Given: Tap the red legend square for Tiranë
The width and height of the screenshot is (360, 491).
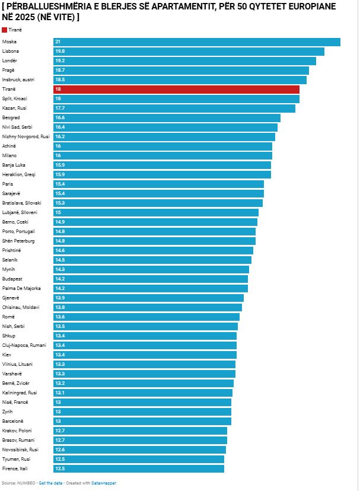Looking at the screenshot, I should point(5,30).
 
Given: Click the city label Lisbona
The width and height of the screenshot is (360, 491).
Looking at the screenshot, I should point(11,51).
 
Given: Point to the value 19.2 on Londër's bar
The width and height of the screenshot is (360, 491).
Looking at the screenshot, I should point(60,60).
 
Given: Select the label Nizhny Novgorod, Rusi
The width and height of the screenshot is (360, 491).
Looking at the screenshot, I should point(26,136).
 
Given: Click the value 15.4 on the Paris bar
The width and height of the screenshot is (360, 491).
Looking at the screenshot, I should point(60,184).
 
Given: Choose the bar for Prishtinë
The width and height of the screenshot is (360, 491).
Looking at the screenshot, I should point(154,250).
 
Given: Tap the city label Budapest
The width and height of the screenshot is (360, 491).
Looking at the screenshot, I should point(12,279).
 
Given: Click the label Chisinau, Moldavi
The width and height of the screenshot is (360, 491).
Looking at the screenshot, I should point(21,307).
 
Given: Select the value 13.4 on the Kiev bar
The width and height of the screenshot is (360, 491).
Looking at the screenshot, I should point(60,355).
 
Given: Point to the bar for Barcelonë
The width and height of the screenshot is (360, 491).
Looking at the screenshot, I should point(142,421).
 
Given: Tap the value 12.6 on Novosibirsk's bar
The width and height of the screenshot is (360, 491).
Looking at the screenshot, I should point(60,449).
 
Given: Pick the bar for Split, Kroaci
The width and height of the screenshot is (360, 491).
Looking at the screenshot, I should point(177,98).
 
